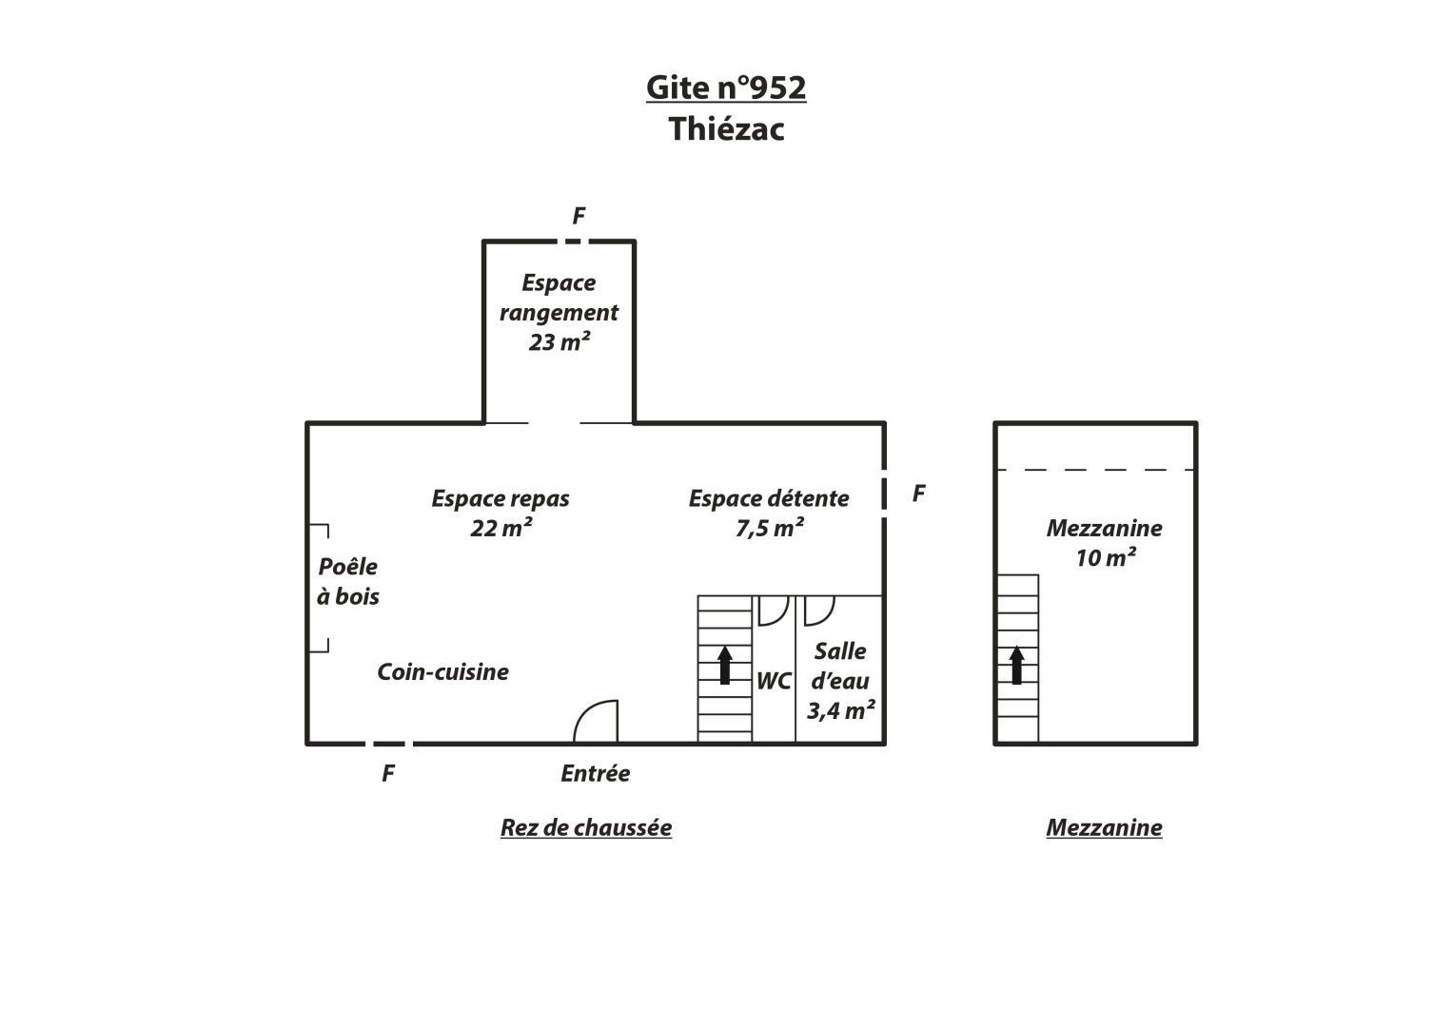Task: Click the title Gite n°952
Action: point(726,87)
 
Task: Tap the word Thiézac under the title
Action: point(727,128)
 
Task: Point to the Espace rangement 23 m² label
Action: point(559,313)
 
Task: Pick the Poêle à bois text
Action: point(347,582)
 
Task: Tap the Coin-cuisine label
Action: point(443,671)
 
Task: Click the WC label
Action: point(774,681)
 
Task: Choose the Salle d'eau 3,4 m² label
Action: point(840,681)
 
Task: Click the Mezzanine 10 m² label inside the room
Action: point(1104,543)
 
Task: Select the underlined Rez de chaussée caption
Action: point(586,828)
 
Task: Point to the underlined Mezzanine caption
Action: point(1104,828)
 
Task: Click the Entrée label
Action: point(596,773)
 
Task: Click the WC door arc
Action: point(780,618)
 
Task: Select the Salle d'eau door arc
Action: point(825,618)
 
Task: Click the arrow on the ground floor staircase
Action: point(725,665)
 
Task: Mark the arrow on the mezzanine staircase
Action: point(1017,665)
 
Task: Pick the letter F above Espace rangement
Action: point(579,215)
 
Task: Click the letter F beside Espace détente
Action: point(918,494)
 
